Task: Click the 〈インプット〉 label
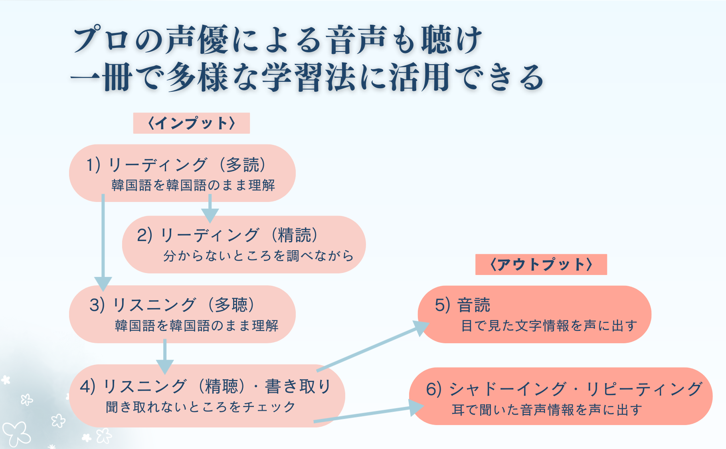pyautogui.click(x=191, y=123)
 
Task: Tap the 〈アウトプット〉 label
pyautogui.click(x=541, y=264)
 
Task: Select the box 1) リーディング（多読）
pyautogui.click(x=182, y=173)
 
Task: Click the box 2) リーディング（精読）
pyautogui.click(x=243, y=244)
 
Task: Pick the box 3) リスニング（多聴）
pyautogui.click(x=182, y=314)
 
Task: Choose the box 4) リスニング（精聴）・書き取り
pyautogui.click(x=206, y=396)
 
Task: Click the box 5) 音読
pyautogui.click(x=534, y=314)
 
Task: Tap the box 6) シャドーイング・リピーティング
pyautogui.click(x=560, y=396)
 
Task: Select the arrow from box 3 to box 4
pyautogui.click(x=164, y=355)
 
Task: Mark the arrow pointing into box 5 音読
pyautogui.click(x=371, y=348)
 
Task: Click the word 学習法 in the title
pyautogui.click(x=309, y=77)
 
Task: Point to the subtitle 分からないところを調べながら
pyautogui.click(x=258, y=256)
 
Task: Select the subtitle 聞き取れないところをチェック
pyautogui.click(x=200, y=407)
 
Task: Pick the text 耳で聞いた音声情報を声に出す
pyautogui.click(x=547, y=410)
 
